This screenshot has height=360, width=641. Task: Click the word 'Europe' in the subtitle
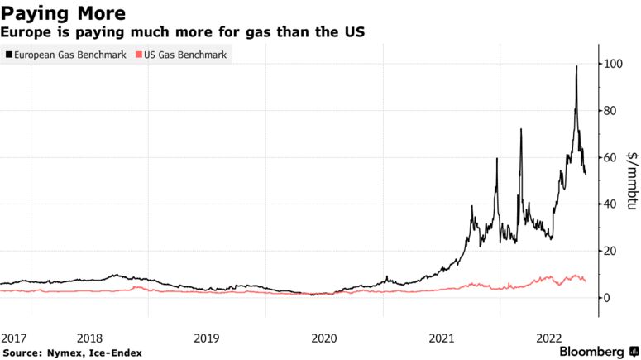pyautogui.click(x=23, y=31)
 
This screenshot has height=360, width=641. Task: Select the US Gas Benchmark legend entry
pyautogui.click(x=181, y=55)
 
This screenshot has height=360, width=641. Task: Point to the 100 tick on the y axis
pyautogui.click(x=613, y=64)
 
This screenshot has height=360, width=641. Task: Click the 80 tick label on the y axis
pyautogui.click(x=610, y=111)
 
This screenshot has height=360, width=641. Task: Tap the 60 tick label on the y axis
pyautogui.click(x=610, y=157)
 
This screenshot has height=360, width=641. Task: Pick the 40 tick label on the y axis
pyautogui.click(x=610, y=204)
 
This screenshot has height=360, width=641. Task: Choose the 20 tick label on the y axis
pyautogui.click(x=610, y=251)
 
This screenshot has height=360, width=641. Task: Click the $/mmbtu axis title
pyautogui.click(x=632, y=180)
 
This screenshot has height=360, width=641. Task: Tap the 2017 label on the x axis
pyautogui.click(x=14, y=338)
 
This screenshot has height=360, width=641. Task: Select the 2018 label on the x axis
pyautogui.click(x=88, y=338)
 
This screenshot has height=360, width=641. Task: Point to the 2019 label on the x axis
pyautogui.click(x=206, y=338)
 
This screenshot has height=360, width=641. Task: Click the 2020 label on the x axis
pyautogui.click(x=323, y=338)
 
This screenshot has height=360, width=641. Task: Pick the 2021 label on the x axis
pyautogui.click(x=442, y=338)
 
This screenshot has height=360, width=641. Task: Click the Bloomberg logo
pyautogui.click(x=594, y=352)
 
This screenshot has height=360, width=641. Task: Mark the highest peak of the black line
pyautogui.click(x=576, y=66)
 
